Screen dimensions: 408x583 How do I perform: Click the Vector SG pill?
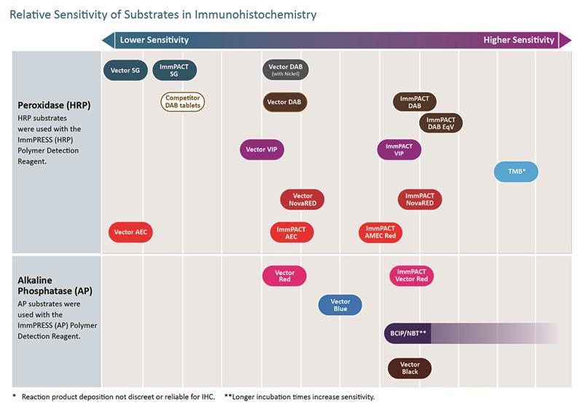click(x=126, y=71)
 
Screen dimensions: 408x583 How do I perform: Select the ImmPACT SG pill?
click(x=174, y=71)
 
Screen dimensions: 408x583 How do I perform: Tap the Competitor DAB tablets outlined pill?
click(x=182, y=102)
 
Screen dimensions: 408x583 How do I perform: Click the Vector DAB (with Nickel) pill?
click(x=284, y=71)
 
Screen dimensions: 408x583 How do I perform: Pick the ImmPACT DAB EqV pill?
click(x=441, y=123)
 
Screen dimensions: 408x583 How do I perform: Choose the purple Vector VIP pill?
click(x=262, y=149)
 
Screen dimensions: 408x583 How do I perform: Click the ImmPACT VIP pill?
click(x=399, y=149)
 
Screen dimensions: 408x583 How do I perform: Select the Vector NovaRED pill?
click(x=302, y=200)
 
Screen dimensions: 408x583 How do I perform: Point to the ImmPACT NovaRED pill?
click(x=420, y=200)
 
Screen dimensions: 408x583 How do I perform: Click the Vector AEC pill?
click(x=131, y=232)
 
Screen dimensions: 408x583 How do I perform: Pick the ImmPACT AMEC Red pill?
click(x=380, y=232)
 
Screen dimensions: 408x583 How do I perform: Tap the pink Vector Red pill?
click(x=284, y=276)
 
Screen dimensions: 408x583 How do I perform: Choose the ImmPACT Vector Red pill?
click(x=412, y=276)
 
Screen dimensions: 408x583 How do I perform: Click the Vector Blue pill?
click(x=340, y=305)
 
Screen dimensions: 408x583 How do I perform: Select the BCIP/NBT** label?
click(x=407, y=333)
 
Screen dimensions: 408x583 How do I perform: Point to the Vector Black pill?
click(x=410, y=368)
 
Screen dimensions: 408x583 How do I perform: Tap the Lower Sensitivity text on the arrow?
click(x=154, y=40)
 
